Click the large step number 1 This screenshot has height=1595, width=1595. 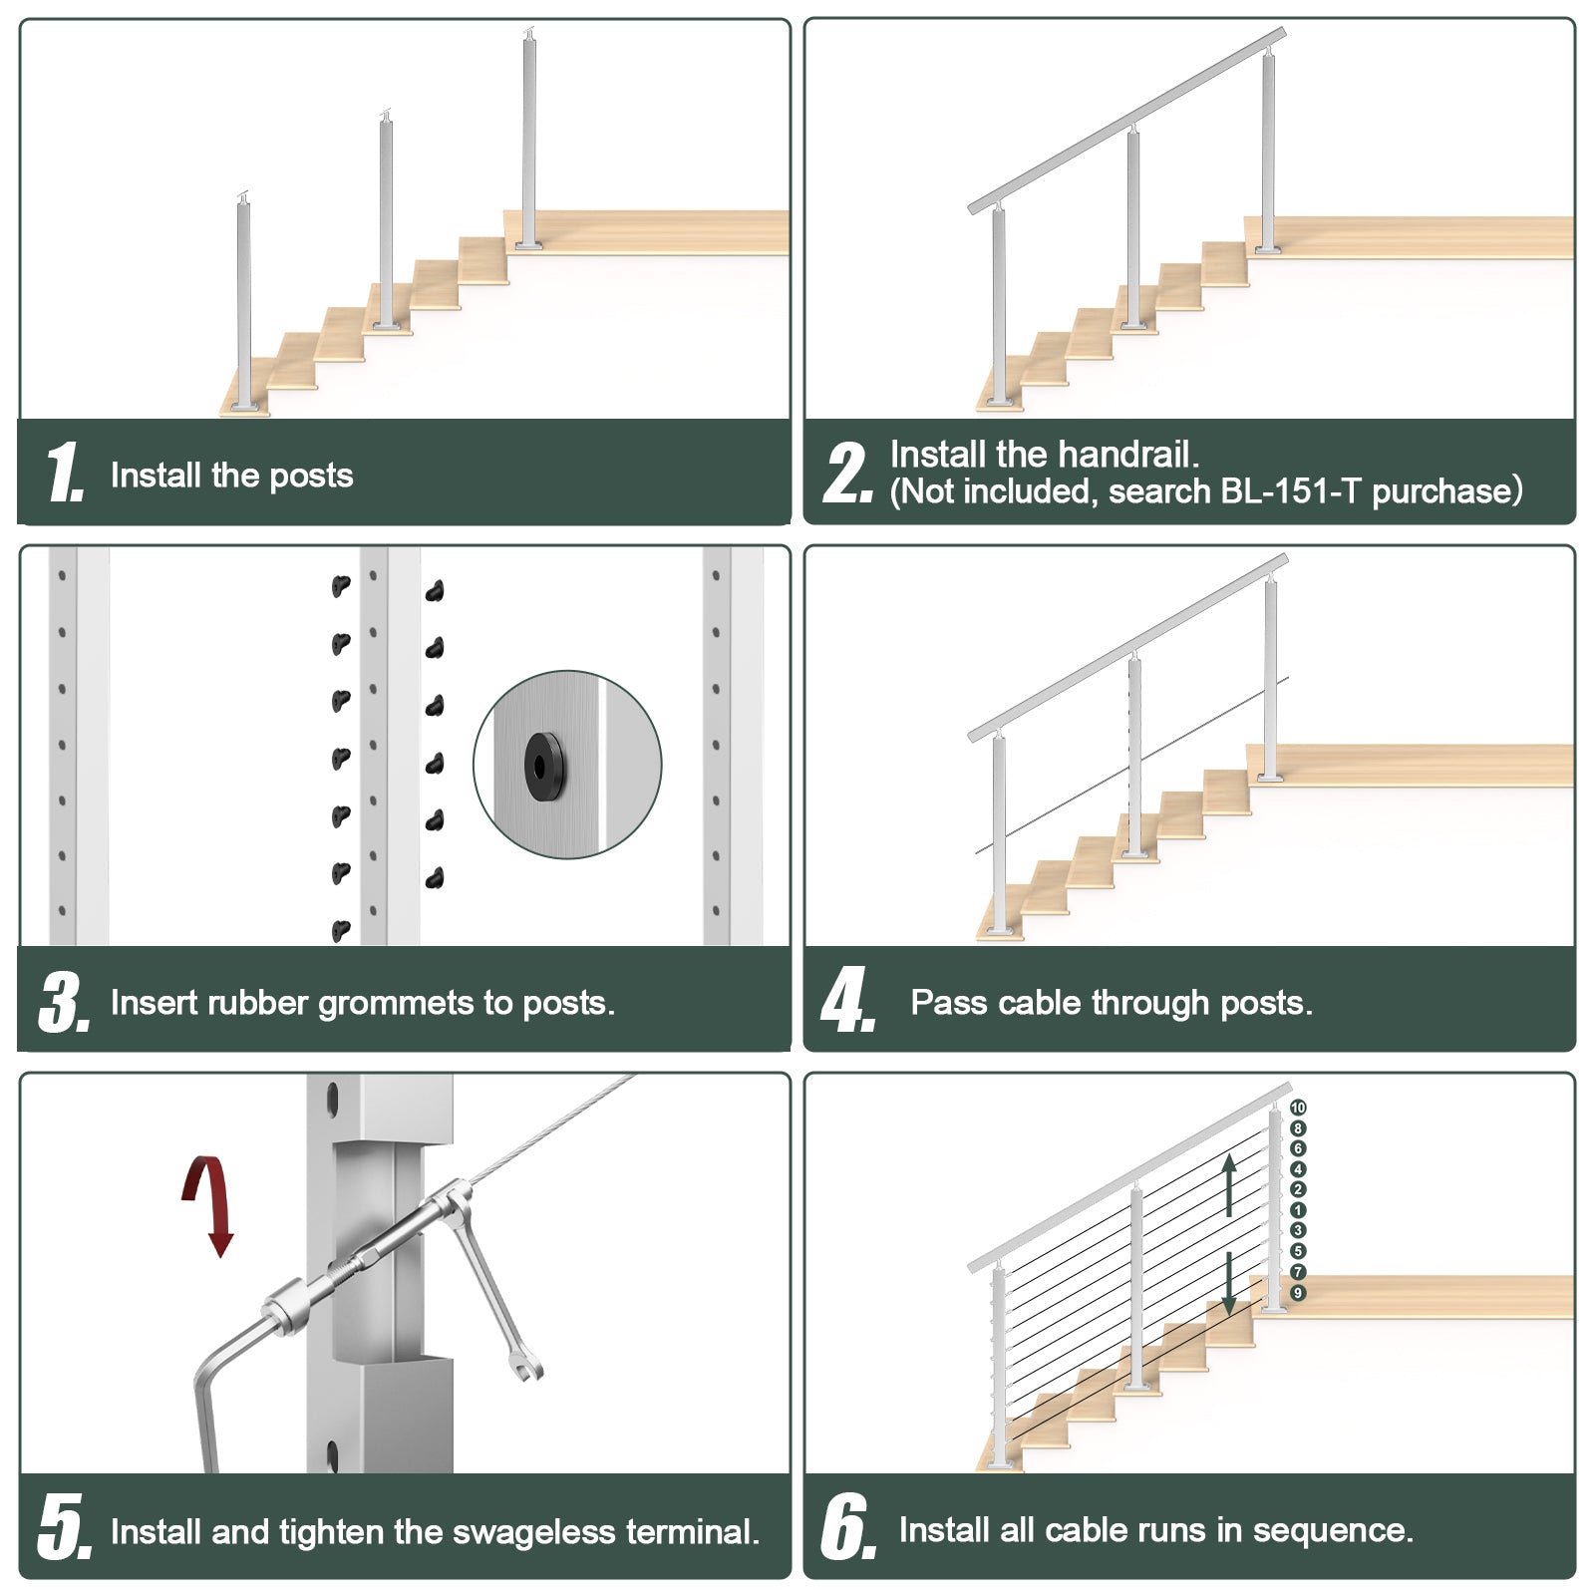[x=64, y=472]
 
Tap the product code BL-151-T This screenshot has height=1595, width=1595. [x=1288, y=491]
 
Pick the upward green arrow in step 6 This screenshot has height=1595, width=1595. [x=1229, y=1183]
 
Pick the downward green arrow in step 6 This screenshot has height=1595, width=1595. [x=1229, y=1282]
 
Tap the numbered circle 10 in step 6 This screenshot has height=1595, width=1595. [x=1298, y=1108]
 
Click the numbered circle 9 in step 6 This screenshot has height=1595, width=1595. [x=1298, y=1293]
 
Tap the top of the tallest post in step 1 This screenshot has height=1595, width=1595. [x=529, y=37]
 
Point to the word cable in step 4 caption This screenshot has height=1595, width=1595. [x=1040, y=1003]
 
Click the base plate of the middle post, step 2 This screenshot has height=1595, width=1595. [x=1134, y=323]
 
